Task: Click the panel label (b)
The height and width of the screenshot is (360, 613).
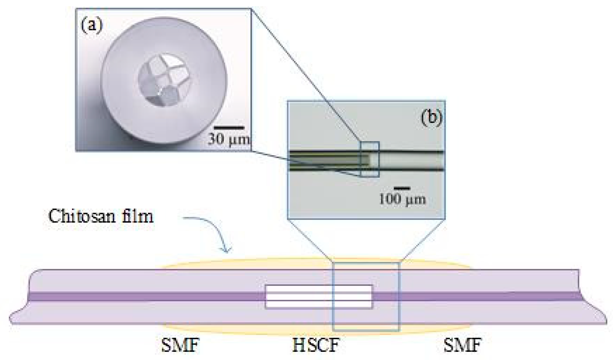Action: tap(431, 117)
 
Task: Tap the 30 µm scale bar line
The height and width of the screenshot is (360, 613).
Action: tap(229, 128)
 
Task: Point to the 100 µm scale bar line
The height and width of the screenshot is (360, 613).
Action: tap(402, 188)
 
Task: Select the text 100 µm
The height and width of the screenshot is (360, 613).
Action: tap(402, 199)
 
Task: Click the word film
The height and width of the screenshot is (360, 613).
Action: tap(139, 217)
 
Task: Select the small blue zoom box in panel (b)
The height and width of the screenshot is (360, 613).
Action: tap(370, 160)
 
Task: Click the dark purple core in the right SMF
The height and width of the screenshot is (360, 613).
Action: tap(478, 297)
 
